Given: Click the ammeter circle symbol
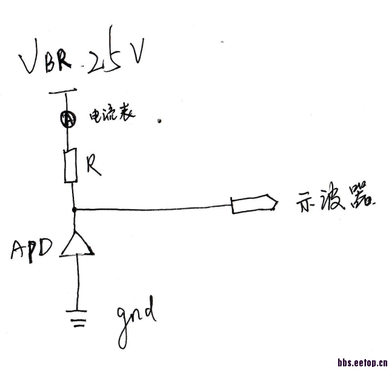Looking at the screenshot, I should click(68, 120).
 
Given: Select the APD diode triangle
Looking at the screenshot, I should click(76, 245).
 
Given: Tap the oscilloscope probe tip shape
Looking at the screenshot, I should click(253, 204).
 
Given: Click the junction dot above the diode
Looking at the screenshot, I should click(74, 210).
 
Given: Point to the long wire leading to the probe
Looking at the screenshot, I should click(151, 209).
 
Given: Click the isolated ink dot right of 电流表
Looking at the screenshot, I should click(159, 121).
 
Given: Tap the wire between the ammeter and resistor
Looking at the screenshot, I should click(70, 138).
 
